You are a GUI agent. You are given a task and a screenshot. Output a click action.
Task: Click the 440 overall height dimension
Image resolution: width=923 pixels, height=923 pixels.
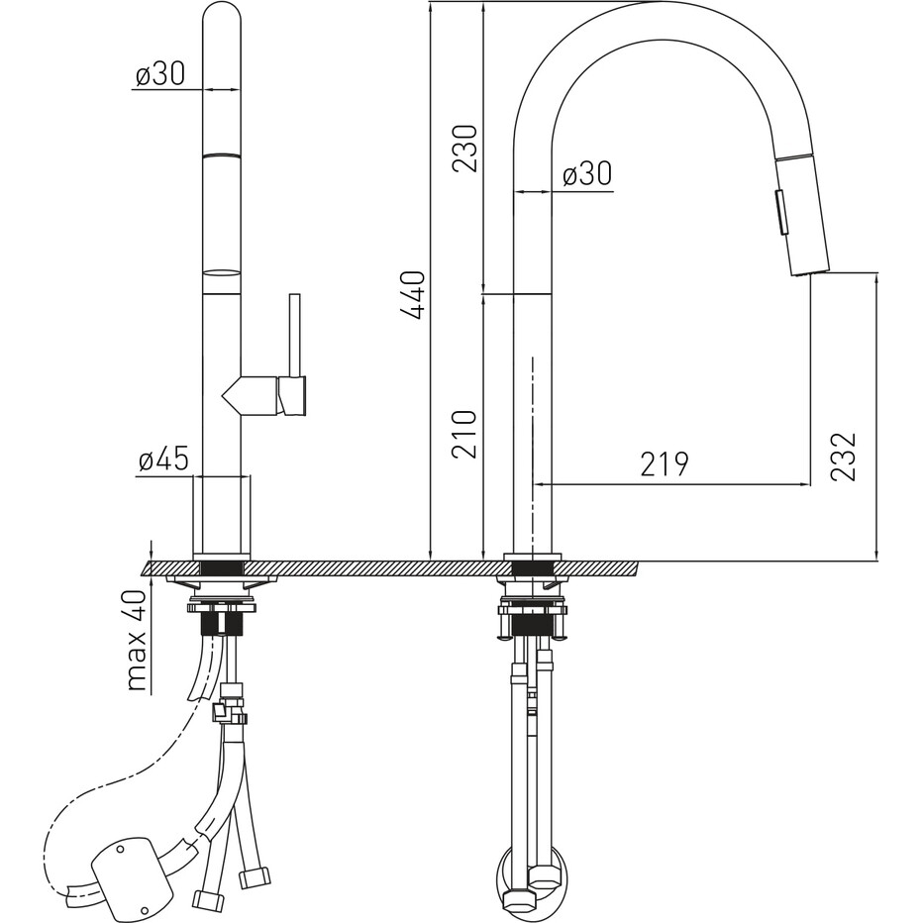pyautogui.click(x=413, y=294)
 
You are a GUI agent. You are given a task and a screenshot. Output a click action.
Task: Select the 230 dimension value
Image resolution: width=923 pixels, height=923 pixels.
pyautogui.click(x=464, y=148)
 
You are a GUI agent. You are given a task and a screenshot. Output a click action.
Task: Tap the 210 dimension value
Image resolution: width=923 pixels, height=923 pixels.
pyautogui.click(x=464, y=435)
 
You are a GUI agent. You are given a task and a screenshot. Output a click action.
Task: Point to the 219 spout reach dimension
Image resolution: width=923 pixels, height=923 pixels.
pyautogui.click(x=664, y=464)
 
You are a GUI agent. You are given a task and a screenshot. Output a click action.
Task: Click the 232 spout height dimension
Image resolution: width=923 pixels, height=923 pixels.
pyautogui.click(x=843, y=457)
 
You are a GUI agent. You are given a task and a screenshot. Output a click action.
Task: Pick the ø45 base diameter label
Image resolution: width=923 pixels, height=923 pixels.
pyautogui.click(x=163, y=460)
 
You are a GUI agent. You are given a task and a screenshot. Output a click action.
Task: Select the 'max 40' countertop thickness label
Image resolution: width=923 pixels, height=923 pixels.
pyautogui.click(x=136, y=640)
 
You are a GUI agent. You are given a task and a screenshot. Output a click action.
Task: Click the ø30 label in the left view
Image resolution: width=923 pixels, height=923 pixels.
pyautogui.click(x=159, y=74)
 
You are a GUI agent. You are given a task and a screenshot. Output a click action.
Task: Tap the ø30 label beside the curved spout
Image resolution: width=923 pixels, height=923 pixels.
pyautogui.click(x=587, y=173)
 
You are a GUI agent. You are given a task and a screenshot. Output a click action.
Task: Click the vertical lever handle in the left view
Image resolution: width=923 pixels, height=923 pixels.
pyautogui.click(x=294, y=336)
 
